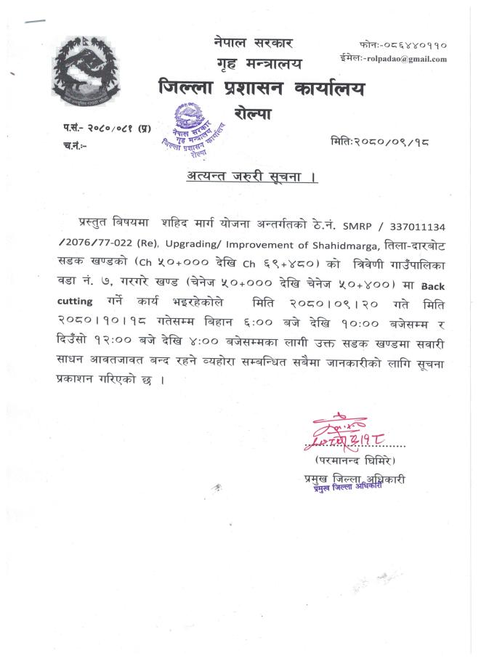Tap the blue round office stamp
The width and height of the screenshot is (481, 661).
[193, 131]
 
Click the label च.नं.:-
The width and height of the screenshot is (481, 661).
[75, 145]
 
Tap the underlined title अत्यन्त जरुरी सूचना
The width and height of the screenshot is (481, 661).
[248, 177]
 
